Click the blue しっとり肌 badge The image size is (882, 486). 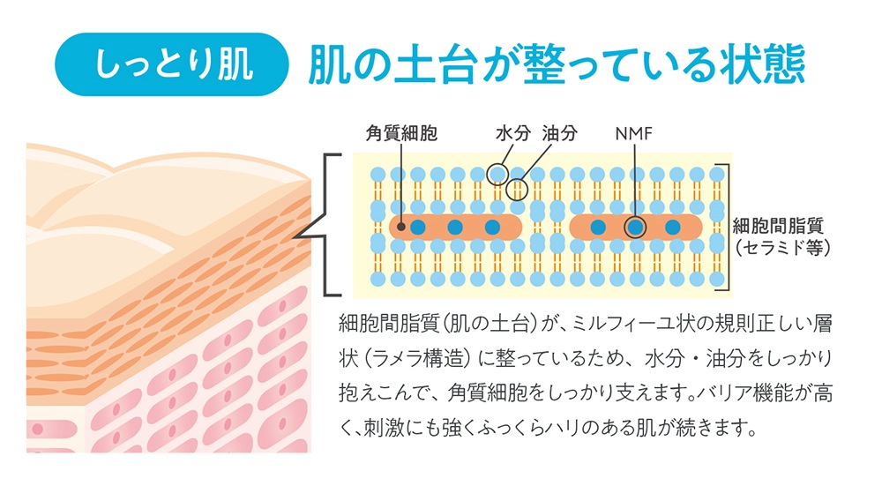(172, 64)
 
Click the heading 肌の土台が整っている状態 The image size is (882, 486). (557, 64)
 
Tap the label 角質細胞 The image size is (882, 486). (401, 133)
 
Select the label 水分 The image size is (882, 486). (513, 133)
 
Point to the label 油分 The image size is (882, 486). (560, 133)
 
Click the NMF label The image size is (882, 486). (634, 134)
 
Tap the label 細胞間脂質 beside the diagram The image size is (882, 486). (778, 226)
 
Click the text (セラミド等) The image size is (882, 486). (782, 248)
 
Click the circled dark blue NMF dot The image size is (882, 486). (635, 228)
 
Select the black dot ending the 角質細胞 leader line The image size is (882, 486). (400, 227)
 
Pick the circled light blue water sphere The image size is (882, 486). (497, 175)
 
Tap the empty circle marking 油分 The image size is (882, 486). (517, 190)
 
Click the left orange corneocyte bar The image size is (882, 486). (456, 228)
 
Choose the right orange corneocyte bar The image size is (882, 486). (636, 228)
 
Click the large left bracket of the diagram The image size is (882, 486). (325, 224)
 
